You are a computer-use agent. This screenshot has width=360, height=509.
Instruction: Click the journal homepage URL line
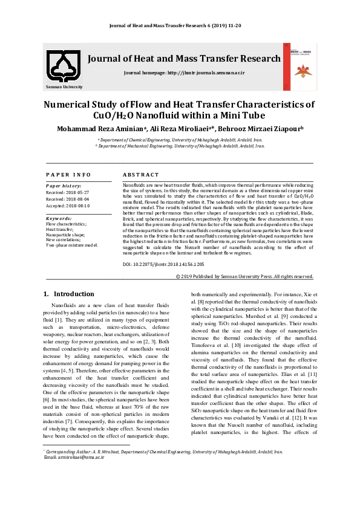tap(184, 73)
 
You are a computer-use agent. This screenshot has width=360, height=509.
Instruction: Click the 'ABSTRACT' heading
tap(141, 175)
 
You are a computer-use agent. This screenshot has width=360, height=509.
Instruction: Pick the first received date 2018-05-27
tap(68, 192)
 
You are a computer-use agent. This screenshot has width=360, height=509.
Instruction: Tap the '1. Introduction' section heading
tap(69, 294)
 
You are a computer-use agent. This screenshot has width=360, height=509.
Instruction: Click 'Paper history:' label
tap(64, 186)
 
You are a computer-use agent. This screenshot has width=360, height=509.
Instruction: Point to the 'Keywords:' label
tap(59, 218)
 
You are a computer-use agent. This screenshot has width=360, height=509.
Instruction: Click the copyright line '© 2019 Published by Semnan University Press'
tap(244, 276)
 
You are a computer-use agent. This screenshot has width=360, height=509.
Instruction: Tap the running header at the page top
tap(179, 26)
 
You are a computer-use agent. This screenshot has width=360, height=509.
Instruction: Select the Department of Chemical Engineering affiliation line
tap(179, 140)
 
